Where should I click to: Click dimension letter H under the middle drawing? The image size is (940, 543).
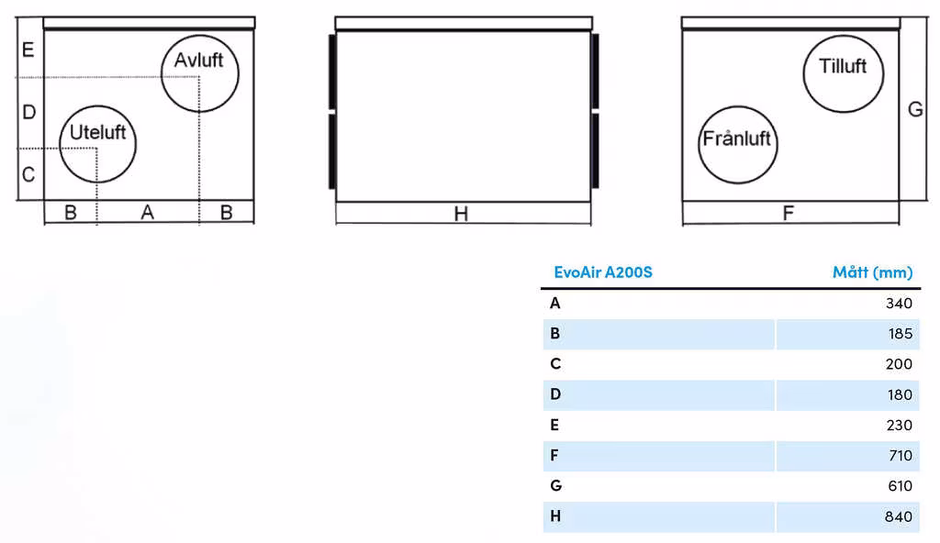pyautogui.click(x=461, y=214)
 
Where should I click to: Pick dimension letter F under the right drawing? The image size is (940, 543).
pyautogui.click(x=789, y=213)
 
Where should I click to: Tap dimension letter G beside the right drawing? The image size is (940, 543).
pyautogui.click(x=915, y=110)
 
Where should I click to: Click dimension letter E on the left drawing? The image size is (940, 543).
pyautogui.click(x=28, y=50)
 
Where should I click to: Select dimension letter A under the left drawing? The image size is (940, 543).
pyautogui.click(x=148, y=212)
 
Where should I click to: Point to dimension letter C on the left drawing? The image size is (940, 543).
pyautogui.click(x=28, y=175)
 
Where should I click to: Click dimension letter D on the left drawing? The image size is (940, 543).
pyautogui.click(x=28, y=112)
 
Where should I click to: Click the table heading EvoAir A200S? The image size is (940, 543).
pyautogui.click(x=603, y=272)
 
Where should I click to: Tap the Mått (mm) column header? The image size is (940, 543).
pyautogui.click(x=873, y=272)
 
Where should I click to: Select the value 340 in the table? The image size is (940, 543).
pyautogui.click(x=900, y=304)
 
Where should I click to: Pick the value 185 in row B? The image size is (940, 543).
pyautogui.click(x=901, y=334)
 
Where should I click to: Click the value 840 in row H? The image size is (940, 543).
pyautogui.click(x=899, y=516)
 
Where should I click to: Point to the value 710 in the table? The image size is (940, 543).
pyautogui.click(x=901, y=456)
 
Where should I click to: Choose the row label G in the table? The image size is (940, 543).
pyautogui.click(x=555, y=485)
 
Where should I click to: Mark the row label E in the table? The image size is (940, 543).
pyautogui.click(x=554, y=425)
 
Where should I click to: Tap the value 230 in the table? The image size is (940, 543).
pyautogui.click(x=900, y=425)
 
